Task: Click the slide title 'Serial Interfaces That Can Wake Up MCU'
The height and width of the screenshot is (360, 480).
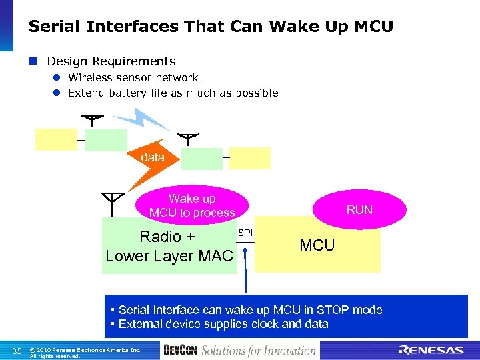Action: [x=211, y=27]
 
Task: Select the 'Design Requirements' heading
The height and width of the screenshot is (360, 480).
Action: [x=111, y=61]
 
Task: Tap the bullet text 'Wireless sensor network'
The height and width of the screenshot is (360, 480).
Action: [x=133, y=78]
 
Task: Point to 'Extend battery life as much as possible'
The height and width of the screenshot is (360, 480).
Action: [x=173, y=93]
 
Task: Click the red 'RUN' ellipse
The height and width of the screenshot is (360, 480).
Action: [x=359, y=209]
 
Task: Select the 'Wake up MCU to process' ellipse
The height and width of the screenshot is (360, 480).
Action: [x=192, y=205]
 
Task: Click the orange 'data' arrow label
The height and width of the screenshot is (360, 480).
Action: [x=152, y=157]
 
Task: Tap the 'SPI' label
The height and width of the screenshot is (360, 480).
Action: [x=245, y=233]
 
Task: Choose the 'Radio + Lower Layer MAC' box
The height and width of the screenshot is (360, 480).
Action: [x=169, y=246]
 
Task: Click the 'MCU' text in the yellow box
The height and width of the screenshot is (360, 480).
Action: [x=317, y=245]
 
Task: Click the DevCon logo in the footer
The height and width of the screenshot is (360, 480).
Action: [x=180, y=351]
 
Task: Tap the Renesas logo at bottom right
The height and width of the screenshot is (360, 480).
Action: [x=431, y=351]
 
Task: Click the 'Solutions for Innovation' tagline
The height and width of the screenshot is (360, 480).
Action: [x=259, y=351]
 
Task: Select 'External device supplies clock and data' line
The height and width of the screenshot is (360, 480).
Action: [x=223, y=324]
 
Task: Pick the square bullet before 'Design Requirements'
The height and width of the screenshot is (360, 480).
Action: [x=33, y=62]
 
